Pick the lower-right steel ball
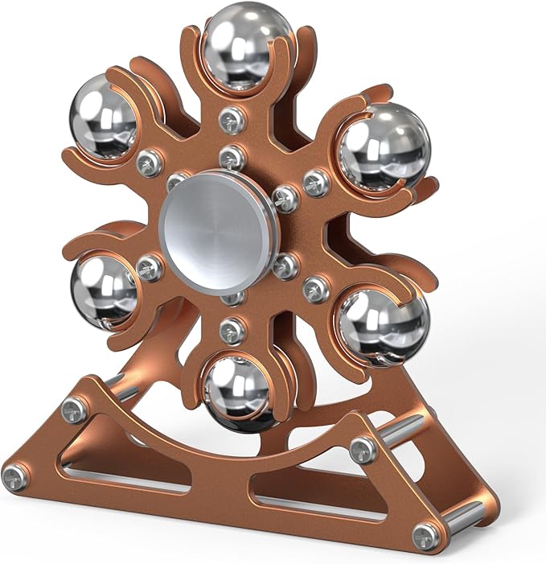[381, 323]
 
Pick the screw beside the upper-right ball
[316, 183]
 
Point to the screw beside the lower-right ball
[316, 289]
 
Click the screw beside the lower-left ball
[150, 268]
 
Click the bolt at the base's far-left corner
[14, 477]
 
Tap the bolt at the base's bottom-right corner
[425, 535]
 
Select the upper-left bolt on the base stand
[75, 411]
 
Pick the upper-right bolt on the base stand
[363, 449]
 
